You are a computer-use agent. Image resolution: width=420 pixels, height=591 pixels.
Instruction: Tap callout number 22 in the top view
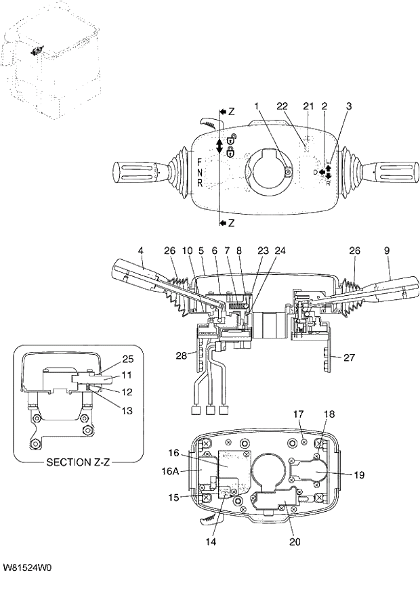tap(282, 106)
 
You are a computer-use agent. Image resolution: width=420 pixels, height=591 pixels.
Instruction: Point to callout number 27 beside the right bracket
tap(350, 357)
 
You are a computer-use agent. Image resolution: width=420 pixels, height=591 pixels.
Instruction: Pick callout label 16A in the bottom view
tap(173, 466)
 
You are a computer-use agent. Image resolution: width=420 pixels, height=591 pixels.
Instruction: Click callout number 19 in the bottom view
tap(358, 475)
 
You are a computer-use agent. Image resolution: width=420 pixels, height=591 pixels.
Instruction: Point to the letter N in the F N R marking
tap(200, 173)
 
